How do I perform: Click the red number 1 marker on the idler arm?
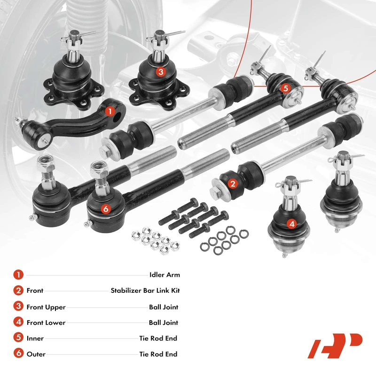pyautogui.click(x=110, y=111)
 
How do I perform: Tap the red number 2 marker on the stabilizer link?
pyautogui.click(x=233, y=184)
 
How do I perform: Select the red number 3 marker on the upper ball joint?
pyautogui.click(x=161, y=71)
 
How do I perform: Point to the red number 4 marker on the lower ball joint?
pyautogui.click(x=292, y=224)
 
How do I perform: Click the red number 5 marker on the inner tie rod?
pyautogui.click(x=285, y=88)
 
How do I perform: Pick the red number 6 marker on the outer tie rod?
pyautogui.click(x=106, y=209)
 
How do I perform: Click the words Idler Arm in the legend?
pyautogui.click(x=164, y=275)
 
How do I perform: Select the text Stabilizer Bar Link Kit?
pyautogui.click(x=145, y=290)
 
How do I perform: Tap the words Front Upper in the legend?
pyautogui.click(x=46, y=307)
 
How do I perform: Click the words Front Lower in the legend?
pyautogui.click(x=46, y=323)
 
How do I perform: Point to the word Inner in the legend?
pyautogui.click(x=35, y=338)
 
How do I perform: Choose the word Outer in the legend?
pyautogui.click(x=36, y=354)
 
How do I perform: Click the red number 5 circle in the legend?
pyautogui.click(x=18, y=337)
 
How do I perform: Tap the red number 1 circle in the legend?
pyautogui.click(x=18, y=275)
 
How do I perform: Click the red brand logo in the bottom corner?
pyautogui.click(x=335, y=346)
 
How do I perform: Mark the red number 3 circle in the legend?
pyautogui.click(x=18, y=306)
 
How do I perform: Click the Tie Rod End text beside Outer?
pyautogui.click(x=158, y=354)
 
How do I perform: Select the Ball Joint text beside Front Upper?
pyautogui.click(x=164, y=307)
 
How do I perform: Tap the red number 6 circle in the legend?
pyautogui.click(x=18, y=353)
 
